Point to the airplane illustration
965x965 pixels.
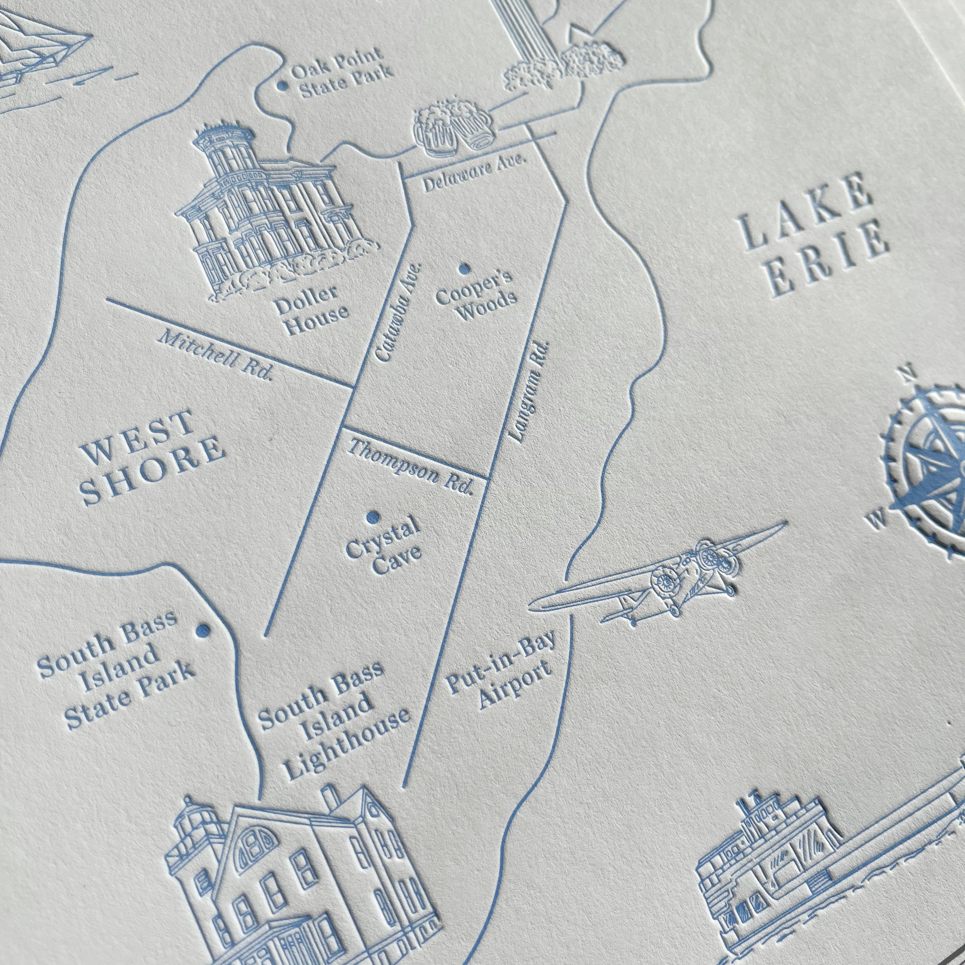[x=669, y=577]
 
